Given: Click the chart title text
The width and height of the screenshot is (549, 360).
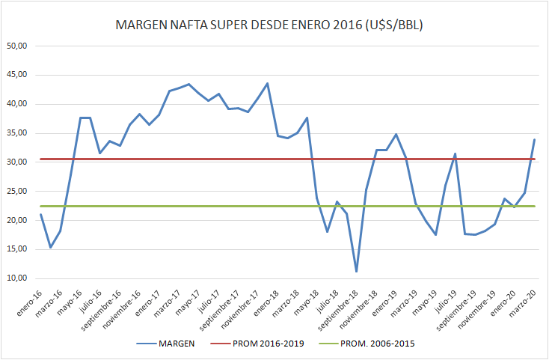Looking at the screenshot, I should pos(274,25).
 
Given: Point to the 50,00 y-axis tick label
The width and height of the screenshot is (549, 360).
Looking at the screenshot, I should pos(17,46).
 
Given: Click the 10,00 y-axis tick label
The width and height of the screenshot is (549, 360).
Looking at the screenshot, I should pos(17,278).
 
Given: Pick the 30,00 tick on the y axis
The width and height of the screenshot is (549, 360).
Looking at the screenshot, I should pos(17,162).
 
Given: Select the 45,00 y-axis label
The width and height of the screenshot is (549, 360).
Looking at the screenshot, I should pos(17,75).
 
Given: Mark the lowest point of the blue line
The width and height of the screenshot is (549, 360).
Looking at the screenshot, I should pos(357,272).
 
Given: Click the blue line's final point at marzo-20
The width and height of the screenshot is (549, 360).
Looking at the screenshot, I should pos(533,139).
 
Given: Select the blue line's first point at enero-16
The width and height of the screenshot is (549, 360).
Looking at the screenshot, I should pos(40,214).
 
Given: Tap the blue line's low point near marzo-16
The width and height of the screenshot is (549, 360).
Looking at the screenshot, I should pos(50,247).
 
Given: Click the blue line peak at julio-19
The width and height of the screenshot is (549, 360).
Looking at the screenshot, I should pos(455,153).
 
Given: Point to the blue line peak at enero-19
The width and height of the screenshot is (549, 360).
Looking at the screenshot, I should pos(396,135).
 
